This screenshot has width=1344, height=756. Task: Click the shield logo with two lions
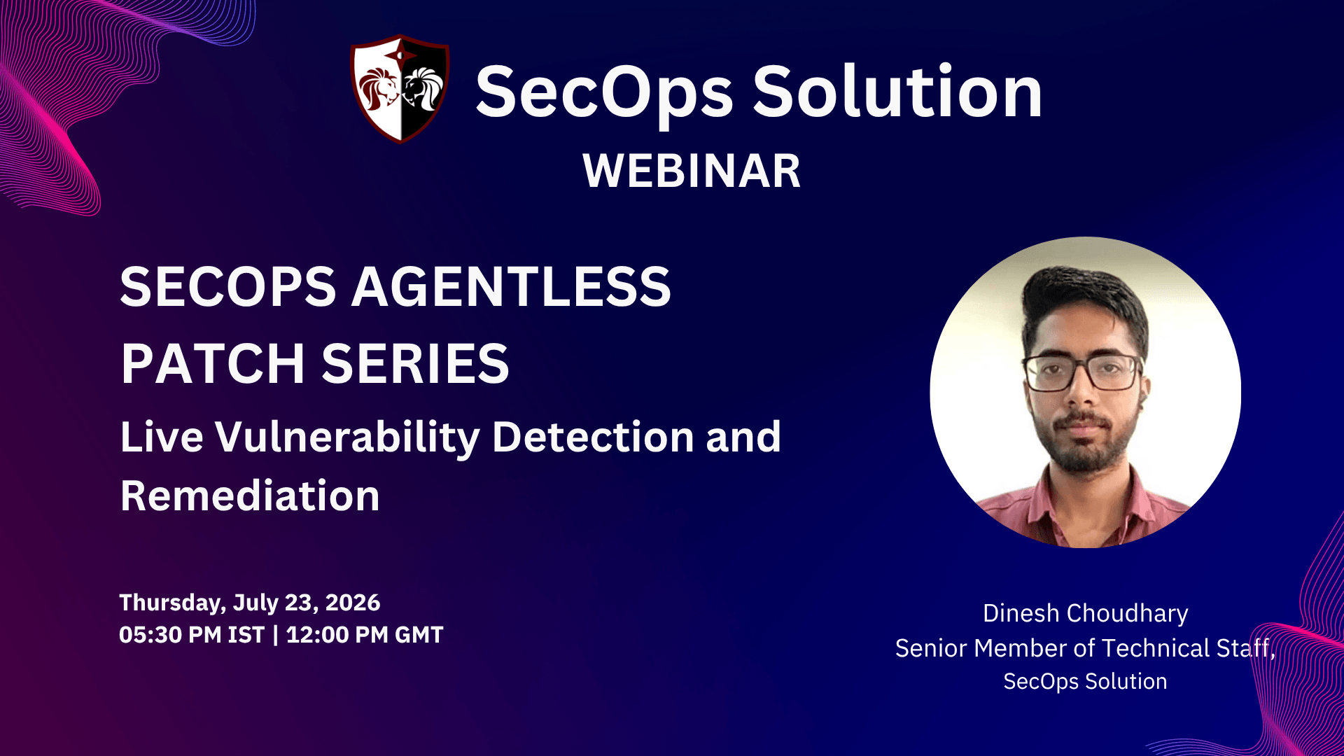point(400,89)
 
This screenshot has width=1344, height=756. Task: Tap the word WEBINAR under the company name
point(692,171)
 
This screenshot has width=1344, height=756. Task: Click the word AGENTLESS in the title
point(511,286)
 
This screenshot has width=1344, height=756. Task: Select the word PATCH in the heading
point(213,363)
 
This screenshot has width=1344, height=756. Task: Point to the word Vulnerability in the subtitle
point(347,437)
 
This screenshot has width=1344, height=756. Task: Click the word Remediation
point(250,496)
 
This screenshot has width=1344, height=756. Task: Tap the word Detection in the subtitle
point(593,437)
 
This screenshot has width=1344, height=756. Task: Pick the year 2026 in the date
point(353,603)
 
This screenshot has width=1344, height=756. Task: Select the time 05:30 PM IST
point(192,635)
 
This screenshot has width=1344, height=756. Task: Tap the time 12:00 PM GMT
point(365,635)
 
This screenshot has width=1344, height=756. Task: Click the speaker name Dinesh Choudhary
point(1085,613)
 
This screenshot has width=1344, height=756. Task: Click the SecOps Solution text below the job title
point(1085,681)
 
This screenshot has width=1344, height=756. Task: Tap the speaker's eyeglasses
point(1082,373)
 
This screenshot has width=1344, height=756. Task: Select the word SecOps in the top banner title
point(604,92)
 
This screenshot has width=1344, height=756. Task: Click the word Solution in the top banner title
point(897,91)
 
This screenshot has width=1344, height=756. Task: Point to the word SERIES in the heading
point(415,363)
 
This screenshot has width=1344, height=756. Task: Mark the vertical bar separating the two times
point(275,635)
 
